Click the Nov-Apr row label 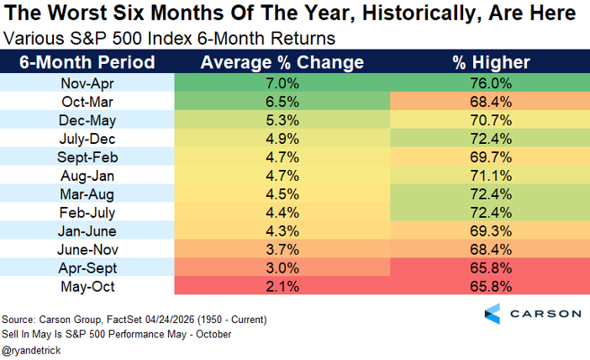tap(87, 83)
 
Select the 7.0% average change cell tap(282, 83)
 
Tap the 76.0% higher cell tap(490, 83)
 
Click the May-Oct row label tap(87, 287)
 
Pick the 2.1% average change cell tap(282, 286)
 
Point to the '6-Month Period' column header tap(87, 62)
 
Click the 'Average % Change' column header tap(282, 62)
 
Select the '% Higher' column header tap(491, 62)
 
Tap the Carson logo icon tap(493, 314)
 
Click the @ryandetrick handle tap(31, 351)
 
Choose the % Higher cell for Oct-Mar tap(490, 102)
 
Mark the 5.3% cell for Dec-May tap(282, 120)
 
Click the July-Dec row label tap(87, 139)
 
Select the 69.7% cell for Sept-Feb tap(490, 157)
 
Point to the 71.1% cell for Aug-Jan tap(490, 176)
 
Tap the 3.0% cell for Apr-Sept tap(282, 268)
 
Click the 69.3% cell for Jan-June tap(490, 230)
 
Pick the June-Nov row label tap(87, 250)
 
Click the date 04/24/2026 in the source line tap(170, 320)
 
